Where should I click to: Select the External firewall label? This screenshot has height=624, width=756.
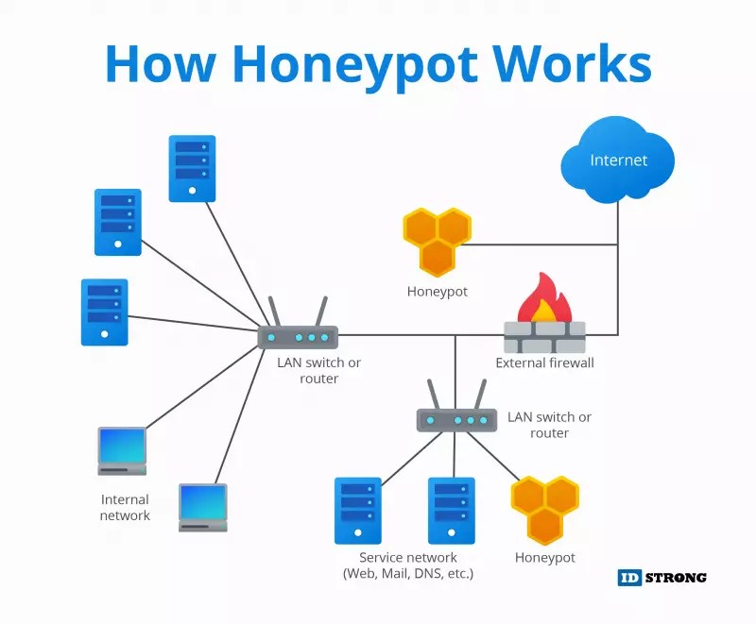pyautogui.click(x=544, y=363)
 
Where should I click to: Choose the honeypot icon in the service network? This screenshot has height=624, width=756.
pyautogui.click(x=544, y=510)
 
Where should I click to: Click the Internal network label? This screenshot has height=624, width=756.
pyautogui.click(x=125, y=507)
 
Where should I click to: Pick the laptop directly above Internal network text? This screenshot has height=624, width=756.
pyautogui.click(x=123, y=450)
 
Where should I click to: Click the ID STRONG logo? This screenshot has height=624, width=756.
pyautogui.click(x=661, y=577)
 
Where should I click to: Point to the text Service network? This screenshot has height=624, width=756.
pyautogui.click(x=407, y=558)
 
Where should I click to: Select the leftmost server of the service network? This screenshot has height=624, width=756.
pyautogui.click(x=358, y=510)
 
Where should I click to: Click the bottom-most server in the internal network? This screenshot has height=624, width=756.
pyautogui.click(x=104, y=312)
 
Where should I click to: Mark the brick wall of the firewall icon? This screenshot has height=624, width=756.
pyautogui.click(x=544, y=337)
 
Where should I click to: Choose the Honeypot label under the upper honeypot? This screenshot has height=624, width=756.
pyautogui.click(x=437, y=292)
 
